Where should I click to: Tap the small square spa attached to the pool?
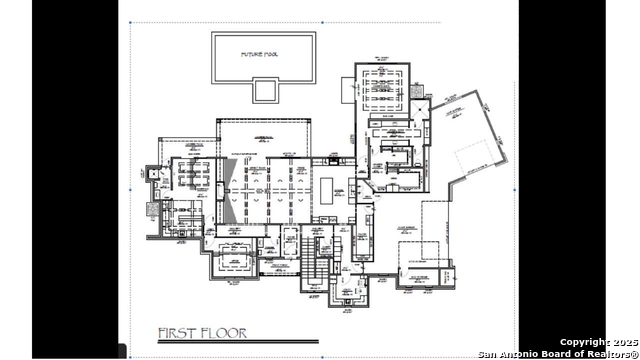click(264, 90)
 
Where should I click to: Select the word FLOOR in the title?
click(223, 332)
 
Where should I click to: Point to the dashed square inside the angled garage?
click(474, 160)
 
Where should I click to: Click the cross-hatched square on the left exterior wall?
click(152, 211)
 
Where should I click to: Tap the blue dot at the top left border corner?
click(131, 22)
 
